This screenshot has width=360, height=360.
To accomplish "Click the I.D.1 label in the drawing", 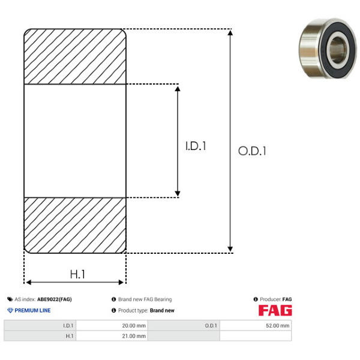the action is click(x=196, y=146).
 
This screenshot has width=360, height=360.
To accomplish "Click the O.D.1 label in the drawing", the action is click(x=252, y=151).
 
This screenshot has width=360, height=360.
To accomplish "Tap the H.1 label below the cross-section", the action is click(x=77, y=274).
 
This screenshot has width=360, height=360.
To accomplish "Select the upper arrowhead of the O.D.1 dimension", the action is click(x=230, y=32).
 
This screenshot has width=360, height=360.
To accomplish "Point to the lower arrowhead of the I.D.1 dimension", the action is click(x=178, y=194).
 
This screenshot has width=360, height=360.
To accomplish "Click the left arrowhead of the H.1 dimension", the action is click(x=28, y=282).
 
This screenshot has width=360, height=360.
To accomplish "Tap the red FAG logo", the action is click(x=275, y=310).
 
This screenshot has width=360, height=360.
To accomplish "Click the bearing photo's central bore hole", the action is click(x=337, y=50).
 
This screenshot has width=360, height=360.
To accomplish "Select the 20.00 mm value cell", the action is click(x=112, y=326).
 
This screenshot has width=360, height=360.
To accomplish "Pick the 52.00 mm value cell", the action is click(x=256, y=326).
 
